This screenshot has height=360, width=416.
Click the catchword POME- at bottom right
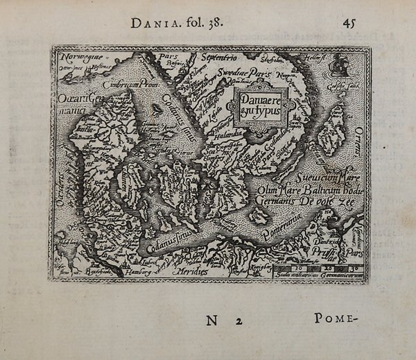point(335,319)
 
